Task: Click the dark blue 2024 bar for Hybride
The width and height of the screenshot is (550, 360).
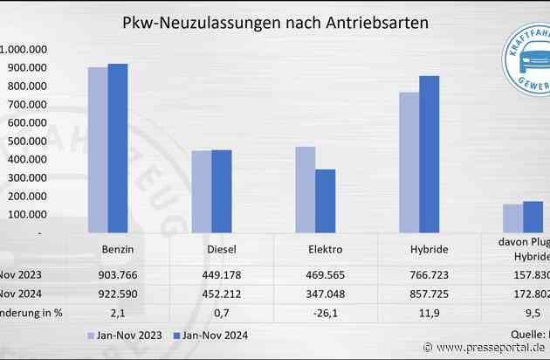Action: click(x=430, y=155)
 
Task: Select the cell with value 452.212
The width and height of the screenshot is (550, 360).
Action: click(x=222, y=293)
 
